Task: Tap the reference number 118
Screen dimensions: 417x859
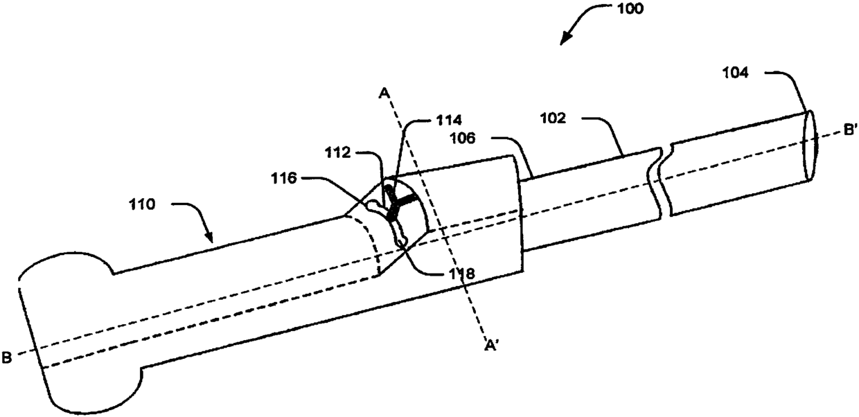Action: pyautogui.click(x=460, y=274)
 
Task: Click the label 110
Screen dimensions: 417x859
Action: pyautogui.click(x=145, y=205)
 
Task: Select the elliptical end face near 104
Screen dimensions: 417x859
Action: pyautogui.click(x=810, y=146)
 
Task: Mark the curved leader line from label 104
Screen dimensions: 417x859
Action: pyautogui.click(x=790, y=80)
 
